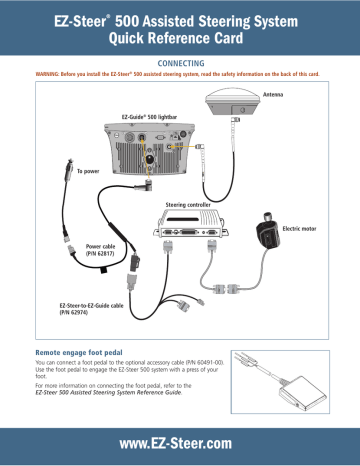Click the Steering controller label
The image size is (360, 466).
189,204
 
